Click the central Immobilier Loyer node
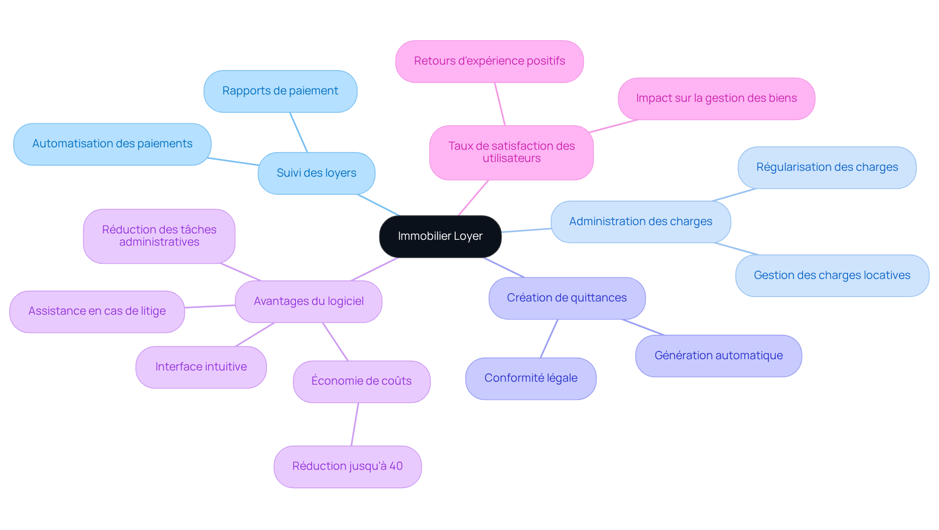440,236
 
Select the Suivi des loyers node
316,173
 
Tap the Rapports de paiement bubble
280,91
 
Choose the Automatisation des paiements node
112,144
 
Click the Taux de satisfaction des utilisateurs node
511,152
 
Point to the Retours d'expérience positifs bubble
489,61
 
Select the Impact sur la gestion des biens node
716,98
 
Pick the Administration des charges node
641,222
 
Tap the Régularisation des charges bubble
827,167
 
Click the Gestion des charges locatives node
832,276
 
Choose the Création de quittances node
567,298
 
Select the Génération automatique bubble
718,356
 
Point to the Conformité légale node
531,378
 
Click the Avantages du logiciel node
309,301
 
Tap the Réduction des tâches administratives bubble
159,236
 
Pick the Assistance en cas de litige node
97,311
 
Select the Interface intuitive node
201,367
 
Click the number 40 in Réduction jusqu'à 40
396,466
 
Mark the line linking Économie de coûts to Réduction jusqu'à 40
355,424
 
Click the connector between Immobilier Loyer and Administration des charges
526,230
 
